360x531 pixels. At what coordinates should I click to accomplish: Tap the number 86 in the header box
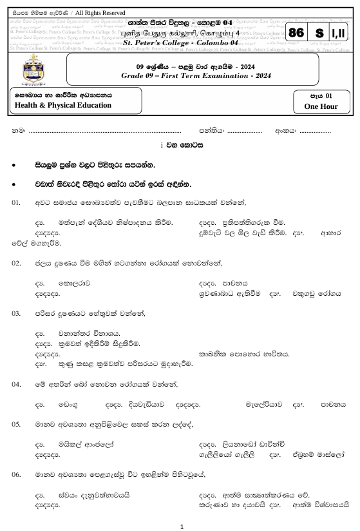[x=297, y=33]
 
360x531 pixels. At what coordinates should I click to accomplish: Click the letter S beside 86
[x=318, y=33]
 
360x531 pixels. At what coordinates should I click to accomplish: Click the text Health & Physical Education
[x=53, y=105]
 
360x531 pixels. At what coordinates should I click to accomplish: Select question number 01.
[x=17, y=203]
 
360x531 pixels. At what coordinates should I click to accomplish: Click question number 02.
[x=17, y=263]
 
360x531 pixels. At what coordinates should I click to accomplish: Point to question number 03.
[x=17, y=313]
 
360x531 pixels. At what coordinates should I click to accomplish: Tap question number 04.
[x=17, y=384]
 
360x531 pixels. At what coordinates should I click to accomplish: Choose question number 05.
[x=17, y=425]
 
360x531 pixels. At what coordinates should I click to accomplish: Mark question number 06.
[x=17, y=475]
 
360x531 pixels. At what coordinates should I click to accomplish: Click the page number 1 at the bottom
[x=182, y=526]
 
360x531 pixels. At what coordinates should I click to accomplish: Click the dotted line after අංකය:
[x=315, y=132]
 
